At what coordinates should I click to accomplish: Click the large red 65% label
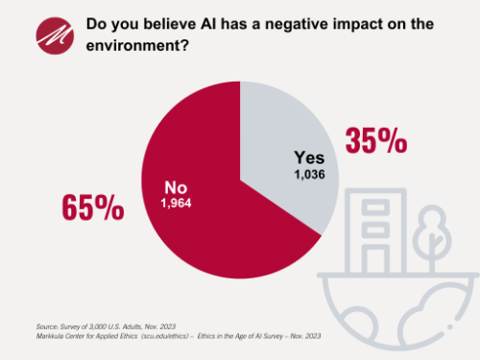tap(93, 205)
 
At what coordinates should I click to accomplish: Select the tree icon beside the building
tap(430, 230)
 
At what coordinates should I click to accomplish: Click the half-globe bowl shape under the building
tap(394, 307)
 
